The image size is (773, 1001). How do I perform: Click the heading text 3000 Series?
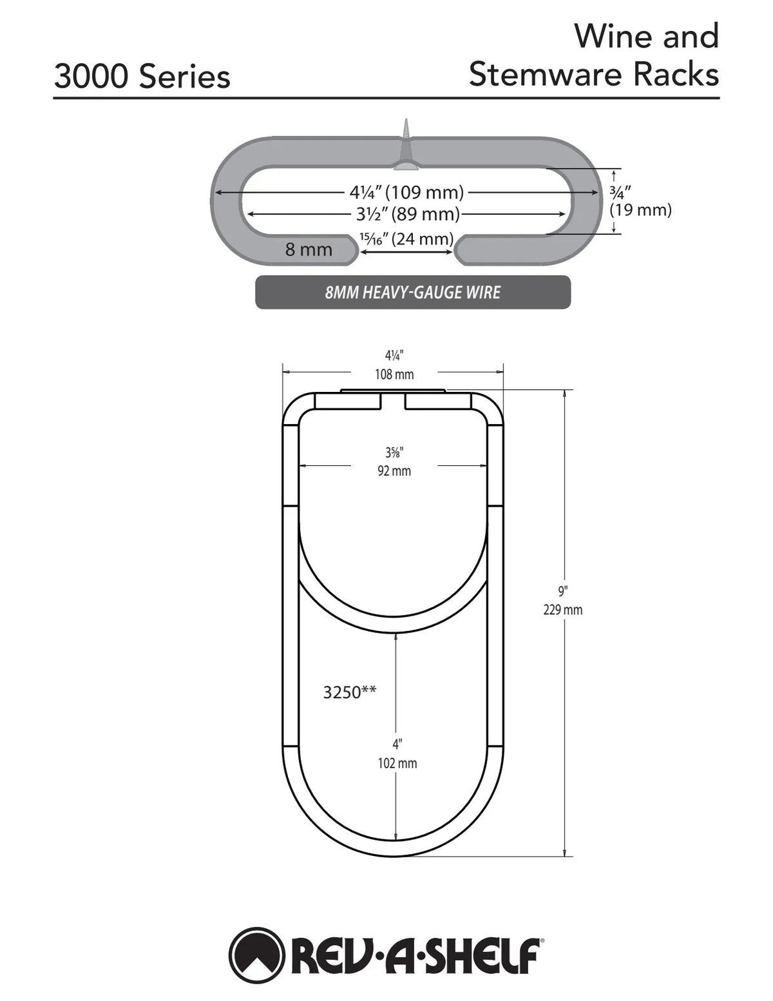(142, 77)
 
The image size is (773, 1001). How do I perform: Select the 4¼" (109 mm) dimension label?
(406, 192)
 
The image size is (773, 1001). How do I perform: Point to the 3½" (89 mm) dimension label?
(408, 214)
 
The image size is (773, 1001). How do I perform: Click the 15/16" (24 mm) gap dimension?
(406, 238)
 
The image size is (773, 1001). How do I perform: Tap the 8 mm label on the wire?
(309, 249)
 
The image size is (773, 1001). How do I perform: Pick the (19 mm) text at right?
(640, 210)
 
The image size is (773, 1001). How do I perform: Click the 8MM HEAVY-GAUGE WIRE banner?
(413, 292)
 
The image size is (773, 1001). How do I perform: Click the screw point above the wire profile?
(406, 121)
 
